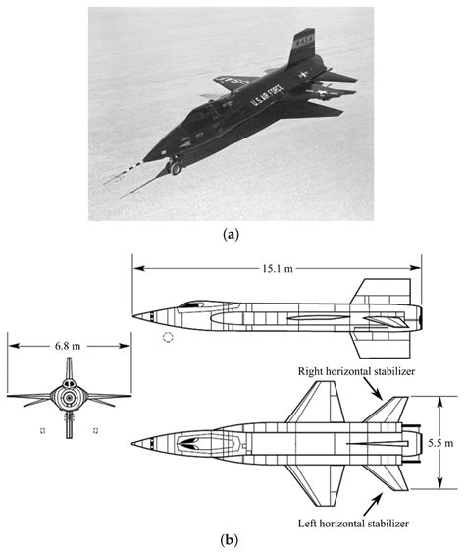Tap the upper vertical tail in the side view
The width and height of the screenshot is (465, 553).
[x=380, y=294]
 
